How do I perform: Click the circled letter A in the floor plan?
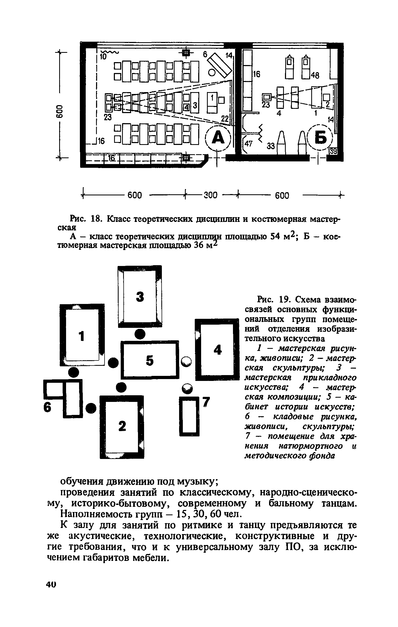[218, 138]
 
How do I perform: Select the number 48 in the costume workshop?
[315, 76]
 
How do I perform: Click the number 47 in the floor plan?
[248, 144]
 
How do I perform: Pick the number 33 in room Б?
[270, 146]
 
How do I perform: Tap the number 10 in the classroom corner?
[103, 56]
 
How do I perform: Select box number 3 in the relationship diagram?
[140, 296]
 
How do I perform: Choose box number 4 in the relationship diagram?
[218, 350]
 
